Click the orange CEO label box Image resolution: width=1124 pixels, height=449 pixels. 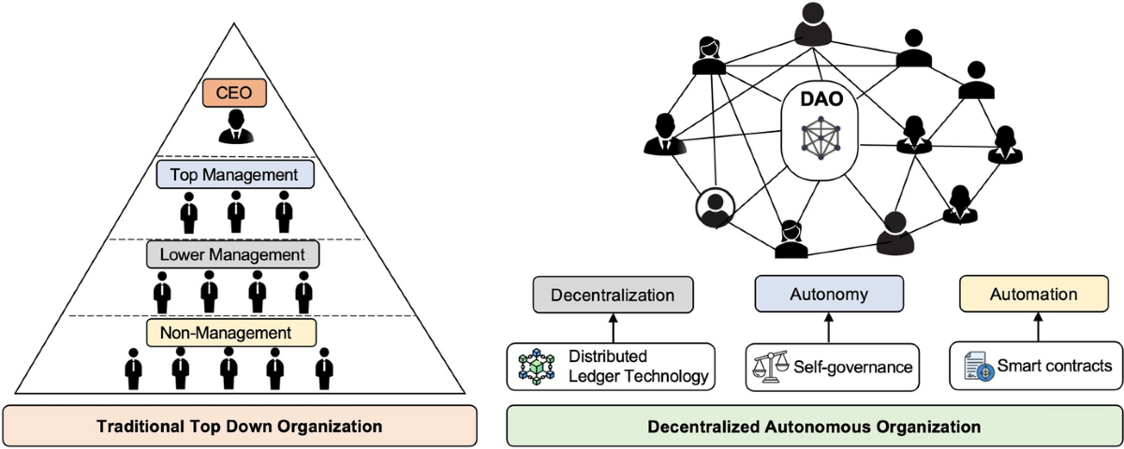pos(235,94)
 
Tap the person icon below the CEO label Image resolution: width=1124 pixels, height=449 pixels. pos(235,127)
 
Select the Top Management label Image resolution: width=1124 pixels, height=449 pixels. pos(235,174)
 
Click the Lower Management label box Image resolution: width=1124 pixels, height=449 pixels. pos(233,253)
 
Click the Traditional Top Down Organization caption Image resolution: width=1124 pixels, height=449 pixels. pos(240,427)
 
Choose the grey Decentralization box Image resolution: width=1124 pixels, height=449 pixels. pos(613,295)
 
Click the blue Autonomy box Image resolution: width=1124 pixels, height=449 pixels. pos(829,295)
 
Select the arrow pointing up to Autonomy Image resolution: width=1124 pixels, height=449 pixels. pos(829,327)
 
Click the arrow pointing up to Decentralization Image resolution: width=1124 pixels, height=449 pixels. pos(613,327)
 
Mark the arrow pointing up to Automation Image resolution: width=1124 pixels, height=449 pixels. pos(1037,327)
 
